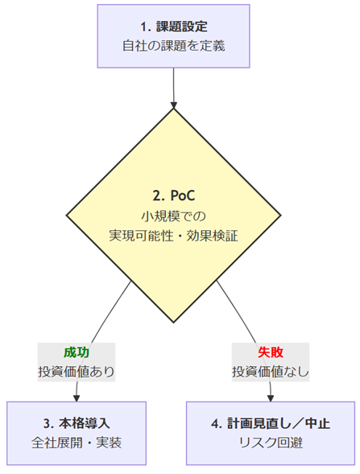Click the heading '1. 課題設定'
pos(174,27)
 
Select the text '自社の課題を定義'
pos(174,46)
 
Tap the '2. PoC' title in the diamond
pos(174,196)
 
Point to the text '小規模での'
pos(174,216)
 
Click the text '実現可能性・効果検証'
pos(174,236)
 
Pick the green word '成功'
pos(77,352)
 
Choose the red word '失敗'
pos(271,352)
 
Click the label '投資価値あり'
pos(77,372)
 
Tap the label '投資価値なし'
pos(271,372)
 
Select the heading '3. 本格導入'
pos(77,423)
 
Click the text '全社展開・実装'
pos(77,443)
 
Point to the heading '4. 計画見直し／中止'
pos(271,423)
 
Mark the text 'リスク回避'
pos(271,443)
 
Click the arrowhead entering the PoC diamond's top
pos(174,105)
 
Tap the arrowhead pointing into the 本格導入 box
pos(77,398)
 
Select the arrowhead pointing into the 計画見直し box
pos(271,398)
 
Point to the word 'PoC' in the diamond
pos(183,196)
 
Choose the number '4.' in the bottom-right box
pos(217,424)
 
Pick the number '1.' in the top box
pos(146,27)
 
